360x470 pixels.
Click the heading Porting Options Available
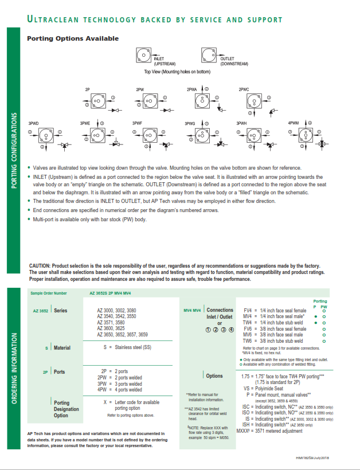(x=73, y=38)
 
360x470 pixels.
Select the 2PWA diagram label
(x=191, y=90)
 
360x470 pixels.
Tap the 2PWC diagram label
(x=244, y=90)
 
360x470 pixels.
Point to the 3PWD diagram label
(x=34, y=123)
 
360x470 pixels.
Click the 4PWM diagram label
(x=294, y=123)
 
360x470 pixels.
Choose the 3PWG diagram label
(x=190, y=123)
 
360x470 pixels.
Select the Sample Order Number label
(x=49, y=293)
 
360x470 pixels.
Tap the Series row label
(x=61, y=310)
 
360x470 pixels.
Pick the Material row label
(x=62, y=347)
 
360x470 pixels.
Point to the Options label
(x=214, y=376)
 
